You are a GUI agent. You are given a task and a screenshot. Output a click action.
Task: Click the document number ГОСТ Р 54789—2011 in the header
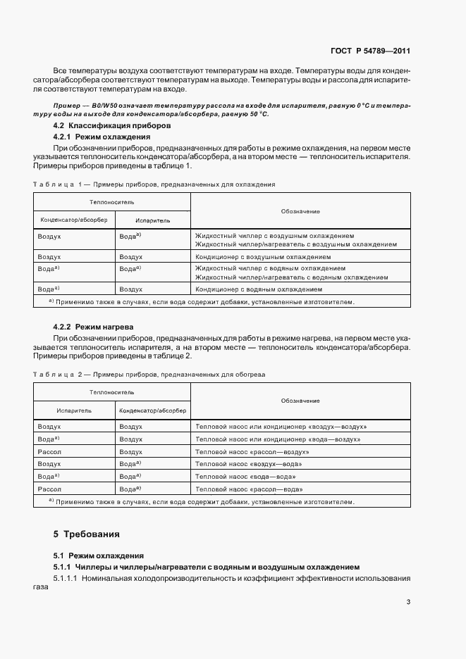[x=370, y=51]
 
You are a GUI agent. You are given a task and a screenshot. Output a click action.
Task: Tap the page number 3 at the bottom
[x=408, y=601]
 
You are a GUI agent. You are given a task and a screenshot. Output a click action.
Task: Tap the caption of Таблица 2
[x=148, y=375]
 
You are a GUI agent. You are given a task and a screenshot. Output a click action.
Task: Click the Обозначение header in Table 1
[x=300, y=211]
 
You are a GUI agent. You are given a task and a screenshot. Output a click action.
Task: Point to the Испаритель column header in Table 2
[x=74, y=410]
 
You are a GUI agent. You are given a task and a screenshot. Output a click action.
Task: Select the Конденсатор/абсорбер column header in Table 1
[x=74, y=220]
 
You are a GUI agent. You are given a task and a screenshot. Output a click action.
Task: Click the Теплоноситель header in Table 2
[x=111, y=391]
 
